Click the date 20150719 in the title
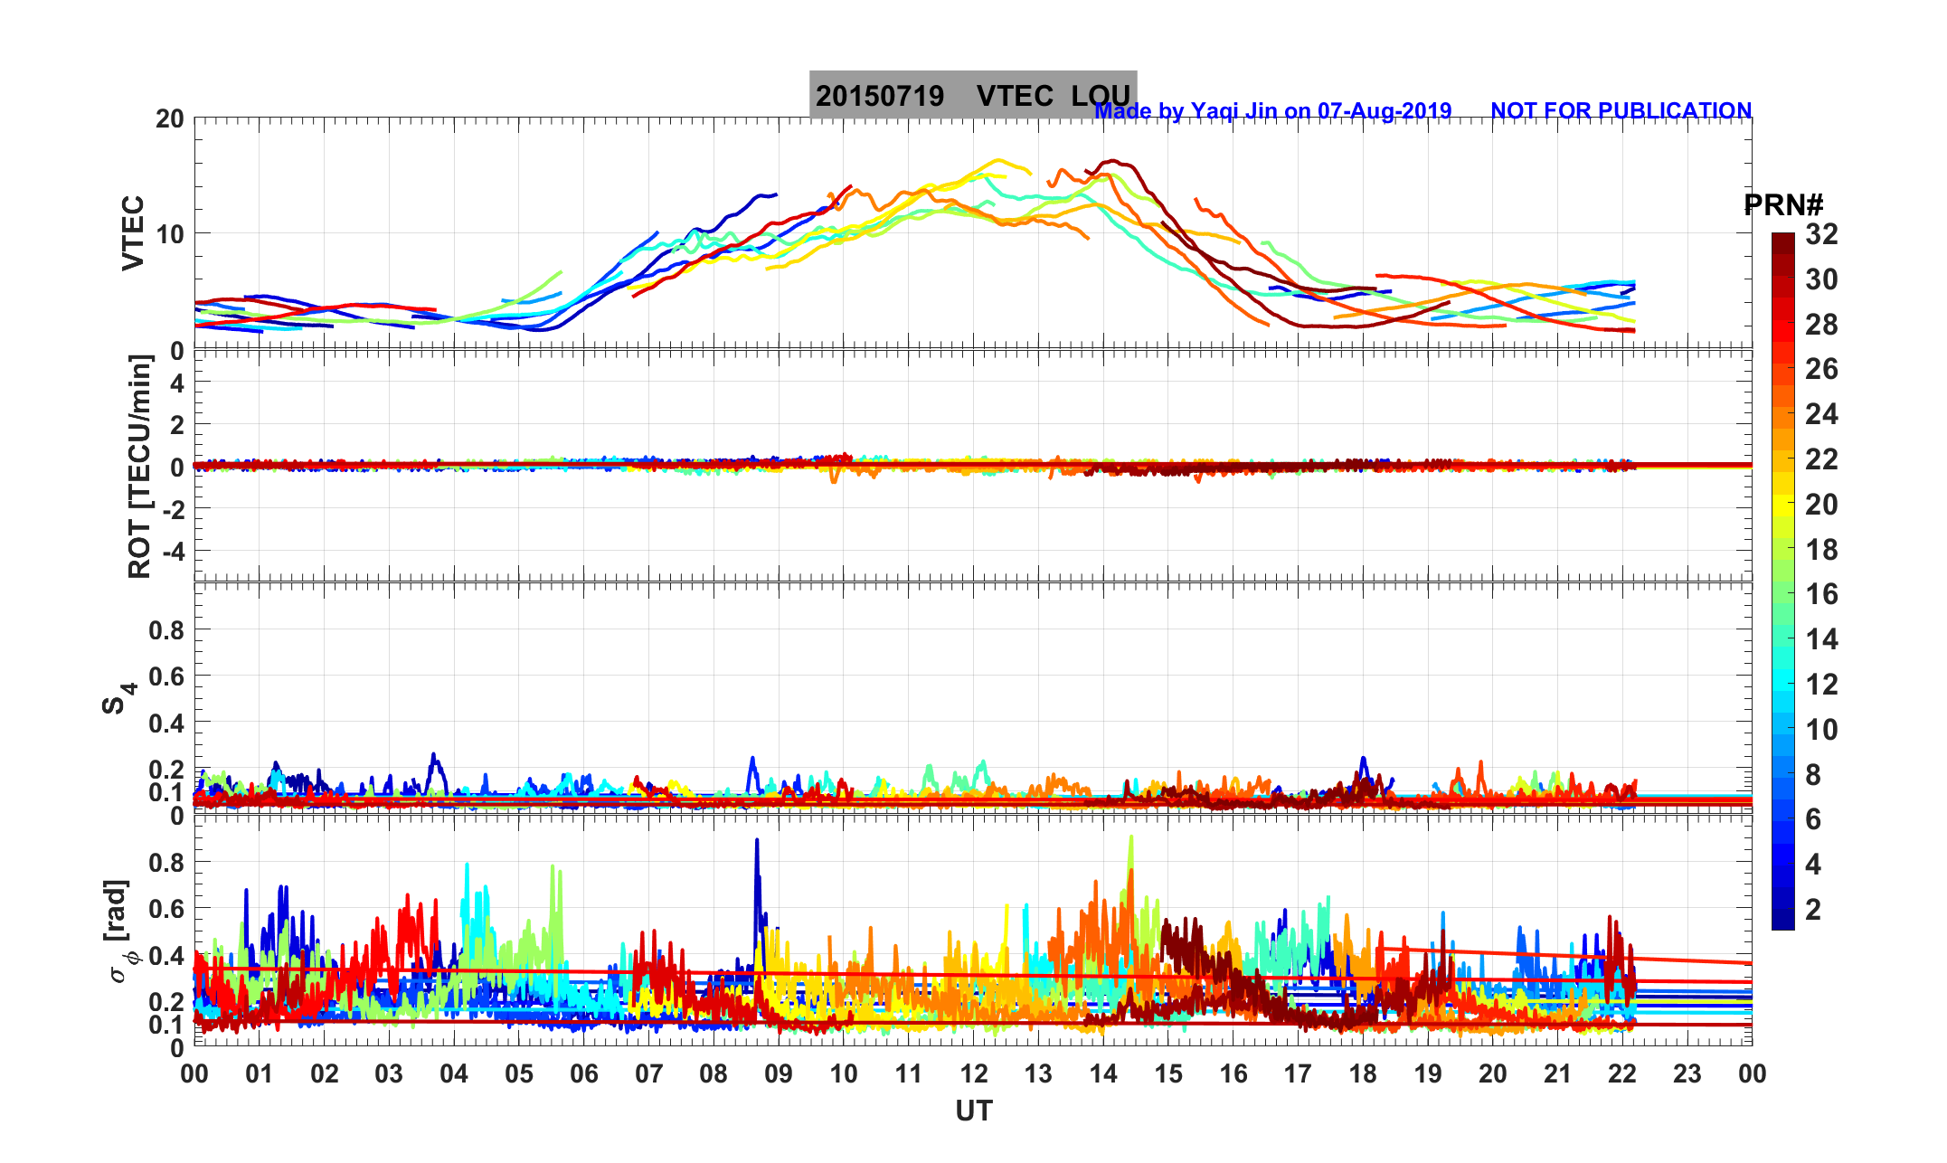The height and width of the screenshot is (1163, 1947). point(879,96)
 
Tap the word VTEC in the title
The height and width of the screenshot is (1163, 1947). point(1015,96)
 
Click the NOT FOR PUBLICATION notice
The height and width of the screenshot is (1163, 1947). point(1621,110)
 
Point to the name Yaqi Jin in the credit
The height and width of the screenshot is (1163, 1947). point(1234,110)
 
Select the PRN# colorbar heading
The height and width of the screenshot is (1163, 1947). point(1782,205)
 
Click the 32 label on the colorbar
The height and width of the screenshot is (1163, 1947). point(1821,234)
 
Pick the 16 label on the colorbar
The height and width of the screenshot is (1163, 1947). point(1821,594)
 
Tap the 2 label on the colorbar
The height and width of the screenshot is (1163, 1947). point(1812,909)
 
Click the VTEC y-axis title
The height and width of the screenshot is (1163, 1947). point(133,232)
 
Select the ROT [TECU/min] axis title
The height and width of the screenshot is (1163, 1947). point(139,467)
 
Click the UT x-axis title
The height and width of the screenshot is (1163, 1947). point(974,1111)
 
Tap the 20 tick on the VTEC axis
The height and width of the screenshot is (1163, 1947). point(169,118)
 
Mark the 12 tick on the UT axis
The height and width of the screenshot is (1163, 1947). point(973,1073)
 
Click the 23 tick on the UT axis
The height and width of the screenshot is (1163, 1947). point(1687,1073)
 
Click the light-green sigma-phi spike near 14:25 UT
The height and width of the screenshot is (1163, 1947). point(1130,841)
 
